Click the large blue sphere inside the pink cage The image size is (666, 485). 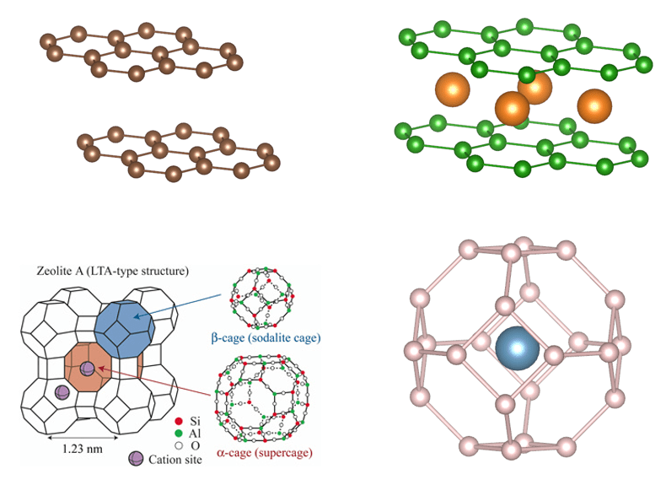click(x=518, y=348)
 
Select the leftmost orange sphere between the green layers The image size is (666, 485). click(x=453, y=89)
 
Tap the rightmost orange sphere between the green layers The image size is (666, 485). click(x=594, y=105)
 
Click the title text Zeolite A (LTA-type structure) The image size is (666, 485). click(x=113, y=272)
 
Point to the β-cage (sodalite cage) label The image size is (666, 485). click(x=266, y=338)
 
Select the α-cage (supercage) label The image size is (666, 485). click(x=265, y=453)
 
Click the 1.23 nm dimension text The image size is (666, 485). click(x=83, y=449)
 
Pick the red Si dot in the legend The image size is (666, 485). click(x=179, y=421)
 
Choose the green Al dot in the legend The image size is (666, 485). click(x=179, y=434)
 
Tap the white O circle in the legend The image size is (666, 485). click(x=179, y=446)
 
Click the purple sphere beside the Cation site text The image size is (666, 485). click(x=136, y=459)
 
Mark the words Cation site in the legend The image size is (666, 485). click(x=175, y=460)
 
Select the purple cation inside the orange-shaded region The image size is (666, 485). click(x=87, y=369)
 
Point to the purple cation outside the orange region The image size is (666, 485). click(x=62, y=392)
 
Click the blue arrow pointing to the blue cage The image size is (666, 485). click(x=178, y=305)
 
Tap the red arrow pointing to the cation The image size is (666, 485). click(x=154, y=382)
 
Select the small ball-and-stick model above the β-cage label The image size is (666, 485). click(x=261, y=298)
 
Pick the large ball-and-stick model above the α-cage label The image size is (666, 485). click(x=262, y=398)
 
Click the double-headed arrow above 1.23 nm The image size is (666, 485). click(x=83, y=437)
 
